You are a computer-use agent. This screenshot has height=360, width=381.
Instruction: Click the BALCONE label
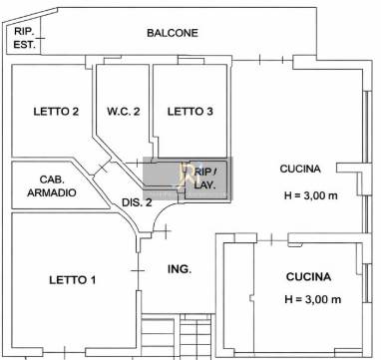click(173, 33)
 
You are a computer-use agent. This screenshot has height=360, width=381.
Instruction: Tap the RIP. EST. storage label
click(24, 38)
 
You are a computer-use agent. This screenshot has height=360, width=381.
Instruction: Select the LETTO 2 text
click(56, 111)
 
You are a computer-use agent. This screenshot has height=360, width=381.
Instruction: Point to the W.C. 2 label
click(124, 112)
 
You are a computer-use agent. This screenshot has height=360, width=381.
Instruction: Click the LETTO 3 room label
click(190, 112)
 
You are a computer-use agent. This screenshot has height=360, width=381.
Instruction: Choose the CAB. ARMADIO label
click(52, 186)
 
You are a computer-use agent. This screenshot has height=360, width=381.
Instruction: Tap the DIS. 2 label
click(137, 202)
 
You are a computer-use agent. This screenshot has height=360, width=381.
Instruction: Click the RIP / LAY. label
click(205, 179)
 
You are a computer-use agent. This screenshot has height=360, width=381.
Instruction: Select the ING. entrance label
click(180, 269)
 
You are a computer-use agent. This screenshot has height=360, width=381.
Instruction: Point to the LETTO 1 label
click(73, 280)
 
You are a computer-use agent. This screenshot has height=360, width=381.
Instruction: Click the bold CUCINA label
click(308, 276)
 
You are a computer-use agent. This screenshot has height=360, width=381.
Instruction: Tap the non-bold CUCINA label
click(300, 169)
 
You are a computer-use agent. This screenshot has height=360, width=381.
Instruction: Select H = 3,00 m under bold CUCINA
click(313, 299)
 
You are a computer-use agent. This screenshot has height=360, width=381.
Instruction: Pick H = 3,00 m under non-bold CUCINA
click(311, 195)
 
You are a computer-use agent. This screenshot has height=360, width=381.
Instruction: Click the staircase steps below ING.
click(177, 336)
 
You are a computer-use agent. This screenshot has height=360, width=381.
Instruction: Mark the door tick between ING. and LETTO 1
click(138, 271)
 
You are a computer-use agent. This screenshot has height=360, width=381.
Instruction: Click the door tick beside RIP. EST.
click(41, 39)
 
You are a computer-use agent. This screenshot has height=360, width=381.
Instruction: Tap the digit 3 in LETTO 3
click(209, 112)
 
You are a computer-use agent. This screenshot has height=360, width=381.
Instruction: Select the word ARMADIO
click(52, 192)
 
